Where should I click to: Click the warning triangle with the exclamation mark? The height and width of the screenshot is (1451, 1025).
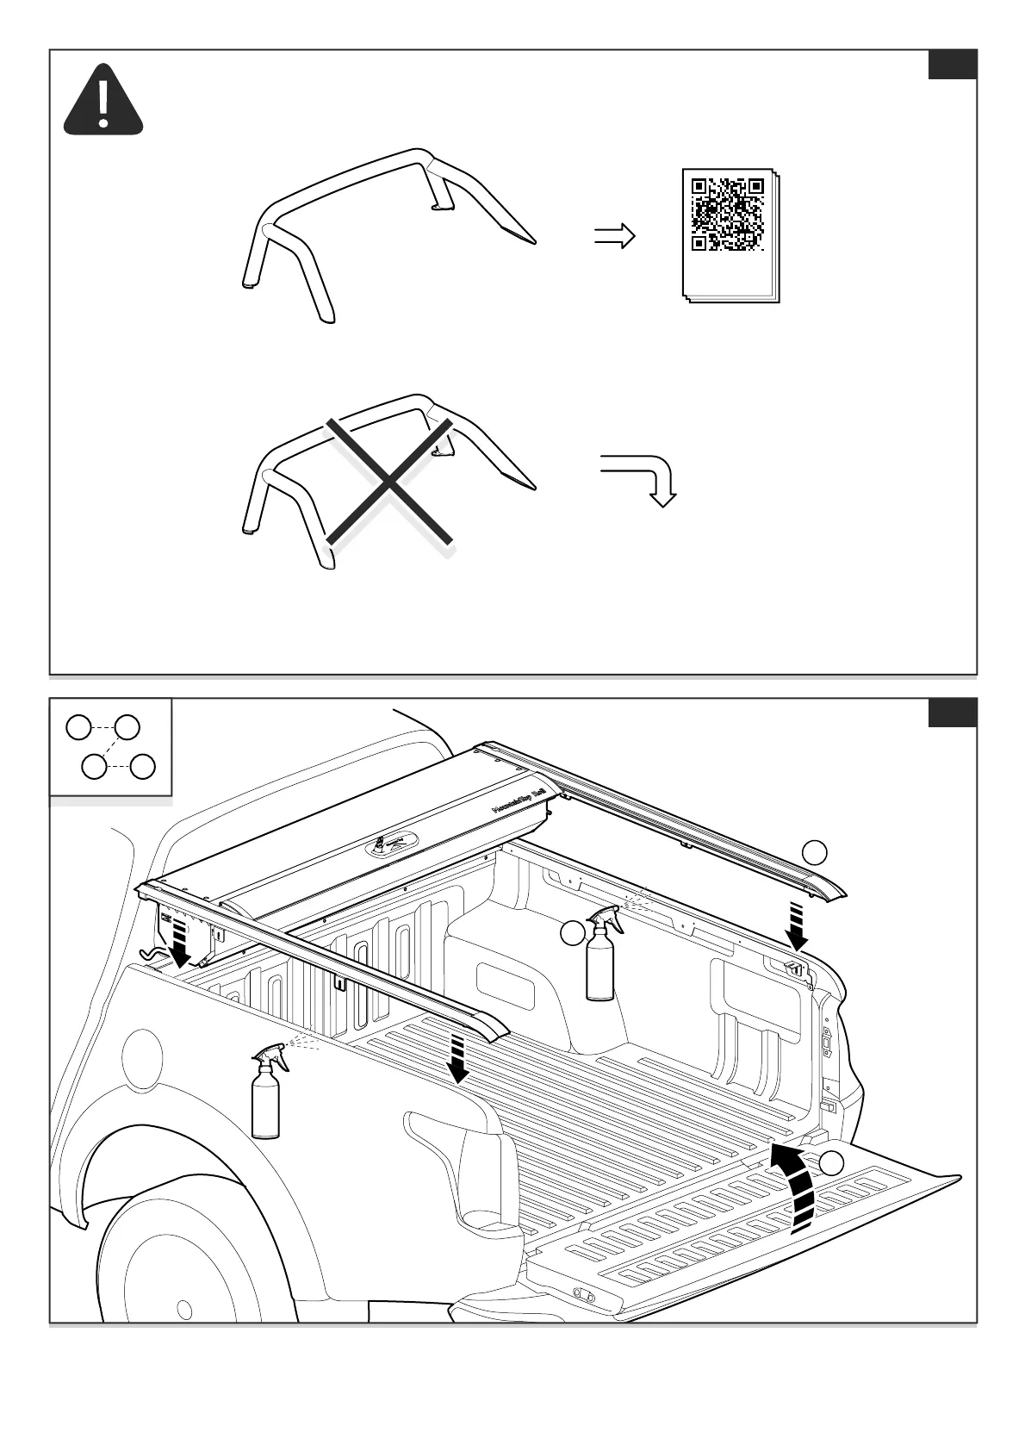click(x=103, y=102)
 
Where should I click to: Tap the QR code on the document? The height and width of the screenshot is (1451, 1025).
click(x=728, y=214)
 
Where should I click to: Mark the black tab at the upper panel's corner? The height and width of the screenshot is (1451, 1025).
click(x=952, y=64)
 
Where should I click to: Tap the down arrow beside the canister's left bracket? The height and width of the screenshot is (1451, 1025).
click(x=180, y=943)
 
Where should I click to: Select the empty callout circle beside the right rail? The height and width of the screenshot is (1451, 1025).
click(x=815, y=852)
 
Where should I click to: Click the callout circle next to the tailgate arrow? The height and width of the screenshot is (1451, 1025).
click(x=831, y=1164)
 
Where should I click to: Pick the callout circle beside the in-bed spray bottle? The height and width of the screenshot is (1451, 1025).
click(x=572, y=932)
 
